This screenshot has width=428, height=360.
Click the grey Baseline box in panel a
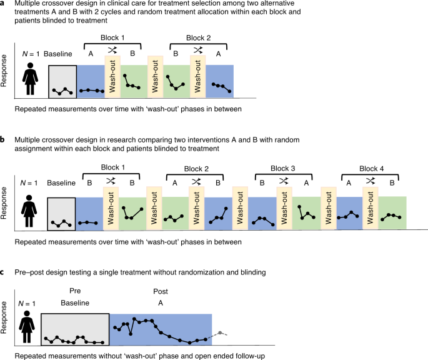coord(62,81)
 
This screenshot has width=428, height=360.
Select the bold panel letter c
coord(3,272)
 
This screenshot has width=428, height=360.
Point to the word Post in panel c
coord(161,291)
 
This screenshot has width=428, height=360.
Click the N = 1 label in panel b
coord(29,182)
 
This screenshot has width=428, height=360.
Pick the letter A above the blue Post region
coord(161,302)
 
